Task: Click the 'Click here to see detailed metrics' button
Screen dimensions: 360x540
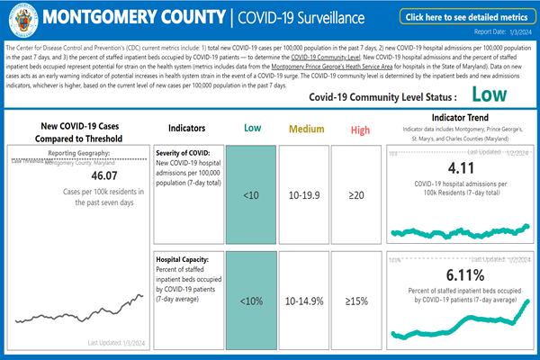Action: pos(464,17)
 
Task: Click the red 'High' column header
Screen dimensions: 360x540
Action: pos(360,130)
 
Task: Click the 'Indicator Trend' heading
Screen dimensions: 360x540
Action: pos(460,118)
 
